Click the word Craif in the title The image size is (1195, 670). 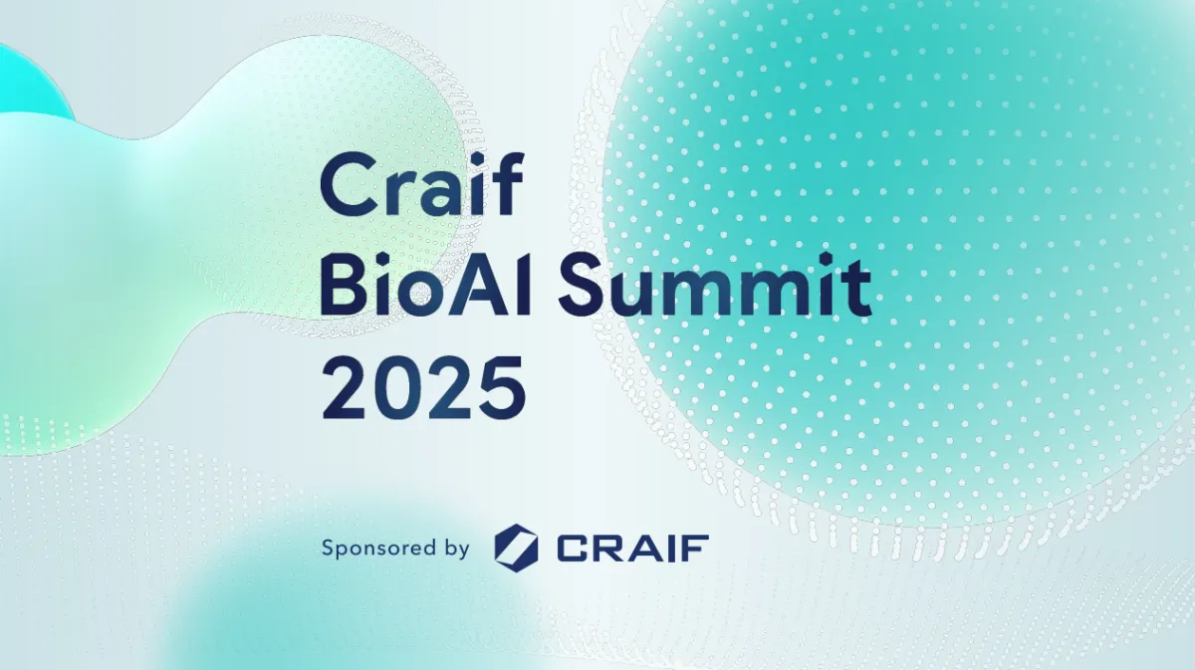421,184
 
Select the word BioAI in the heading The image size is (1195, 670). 425,285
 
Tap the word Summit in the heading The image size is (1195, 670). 715,285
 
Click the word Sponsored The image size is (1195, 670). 377,549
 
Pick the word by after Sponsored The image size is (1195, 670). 456,549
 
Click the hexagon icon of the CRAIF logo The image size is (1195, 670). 516,545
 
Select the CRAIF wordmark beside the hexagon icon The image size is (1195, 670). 632,549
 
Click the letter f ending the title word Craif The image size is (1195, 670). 507,184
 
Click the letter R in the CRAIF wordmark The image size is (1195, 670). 608,549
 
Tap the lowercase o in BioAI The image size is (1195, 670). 422,295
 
